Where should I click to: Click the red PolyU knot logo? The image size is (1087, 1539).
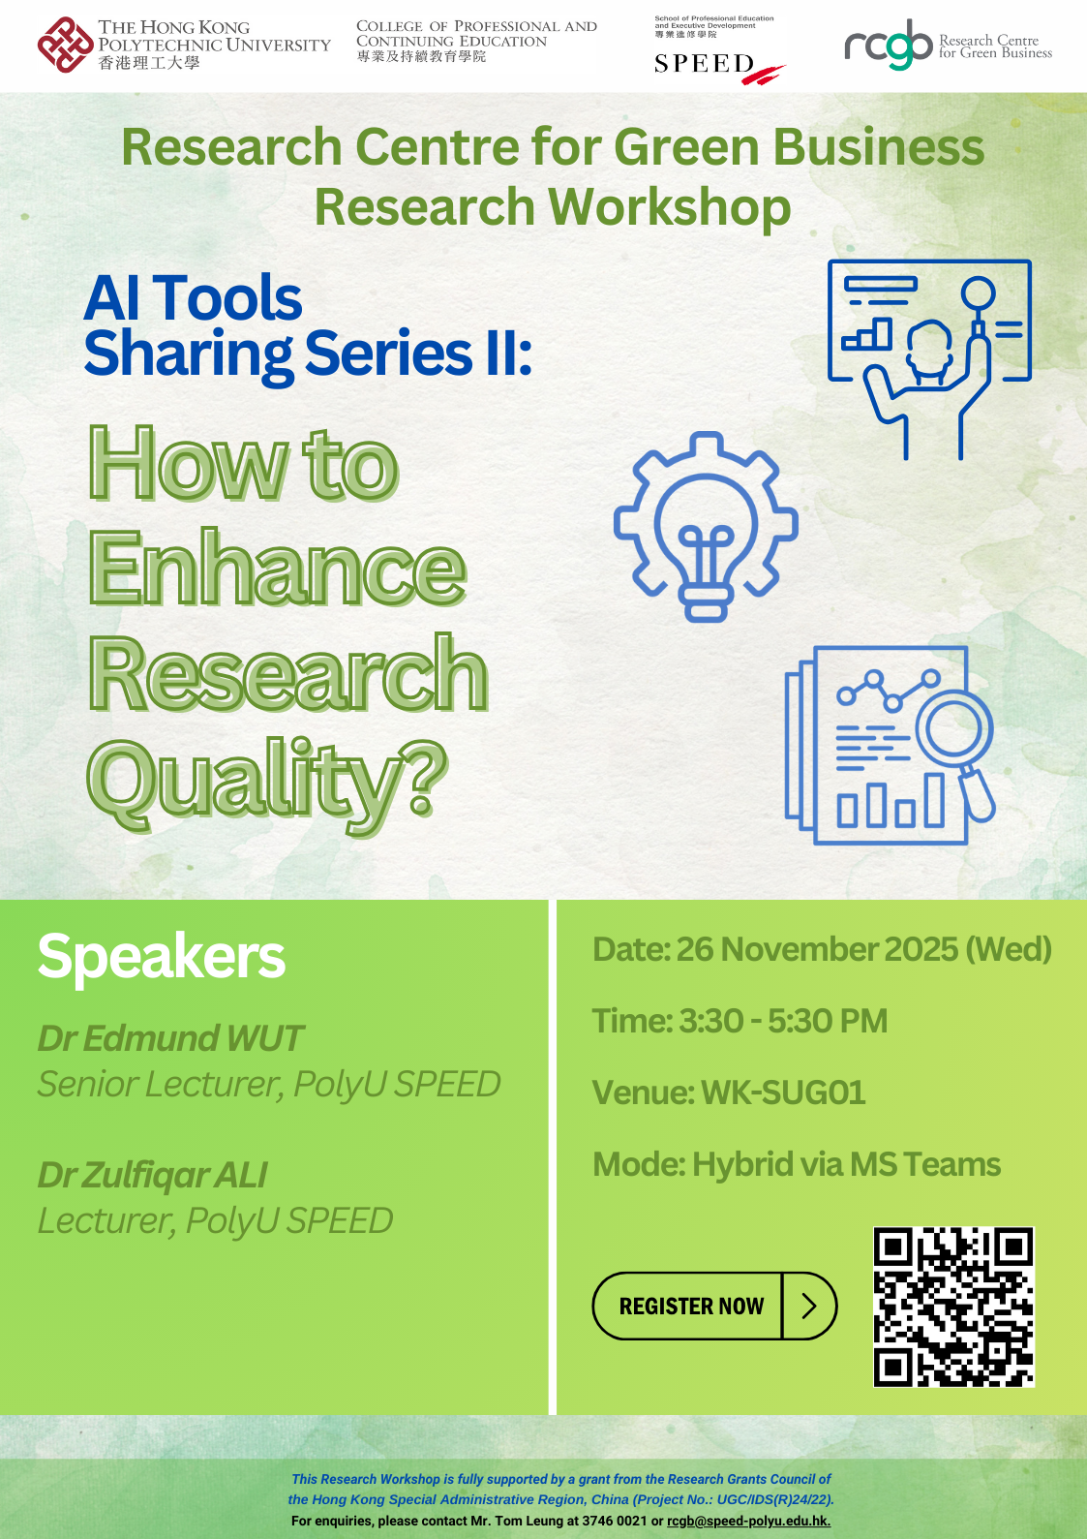(65, 45)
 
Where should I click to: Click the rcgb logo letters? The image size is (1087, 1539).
(888, 45)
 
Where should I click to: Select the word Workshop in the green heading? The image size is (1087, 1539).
(669, 207)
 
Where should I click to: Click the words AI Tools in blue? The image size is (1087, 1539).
(193, 297)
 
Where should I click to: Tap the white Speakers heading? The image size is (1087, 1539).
(162, 957)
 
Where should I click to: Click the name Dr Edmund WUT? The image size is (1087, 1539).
(170, 1038)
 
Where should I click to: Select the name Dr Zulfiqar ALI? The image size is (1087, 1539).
(152, 1175)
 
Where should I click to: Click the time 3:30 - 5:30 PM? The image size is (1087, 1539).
(783, 1021)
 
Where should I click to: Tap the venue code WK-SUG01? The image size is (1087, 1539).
(783, 1093)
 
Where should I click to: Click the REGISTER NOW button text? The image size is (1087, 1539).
(691, 1307)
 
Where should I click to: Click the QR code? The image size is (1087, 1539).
(953, 1307)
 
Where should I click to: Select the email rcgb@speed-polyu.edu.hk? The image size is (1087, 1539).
(748, 1522)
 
